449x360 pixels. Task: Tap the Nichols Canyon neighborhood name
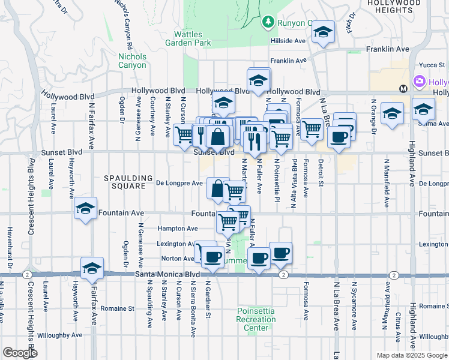click(132, 61)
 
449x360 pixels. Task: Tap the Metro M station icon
click(403, 88)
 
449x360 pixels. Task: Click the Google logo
click(20, 353)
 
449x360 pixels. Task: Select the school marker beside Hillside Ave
click(323, 34)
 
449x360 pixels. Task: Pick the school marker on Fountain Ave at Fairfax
click(86, 208)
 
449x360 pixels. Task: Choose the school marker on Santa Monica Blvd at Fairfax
click(92, 269)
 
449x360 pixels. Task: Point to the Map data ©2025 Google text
click(412, 355)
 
